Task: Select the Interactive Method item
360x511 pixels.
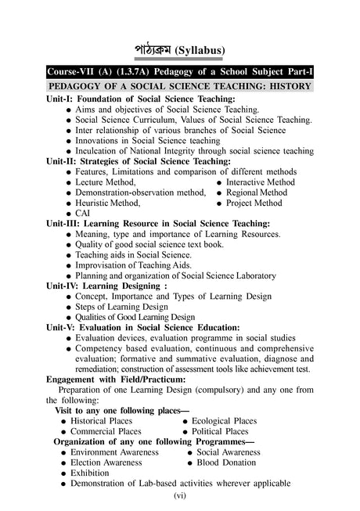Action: click(x=261, y=182)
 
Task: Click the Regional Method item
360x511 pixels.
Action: click(x=257, y=193)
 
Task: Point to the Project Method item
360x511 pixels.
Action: click(x=254, y=203)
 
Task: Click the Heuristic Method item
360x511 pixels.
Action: click(x=108, y=203)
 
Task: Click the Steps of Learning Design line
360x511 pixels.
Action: click(x=121, y=307)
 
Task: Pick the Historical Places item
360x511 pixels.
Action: click(x=106, y=420)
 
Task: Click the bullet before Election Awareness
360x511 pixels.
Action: click(x=62, y=462)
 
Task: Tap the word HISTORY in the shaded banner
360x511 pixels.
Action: click(x=288, y=85)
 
